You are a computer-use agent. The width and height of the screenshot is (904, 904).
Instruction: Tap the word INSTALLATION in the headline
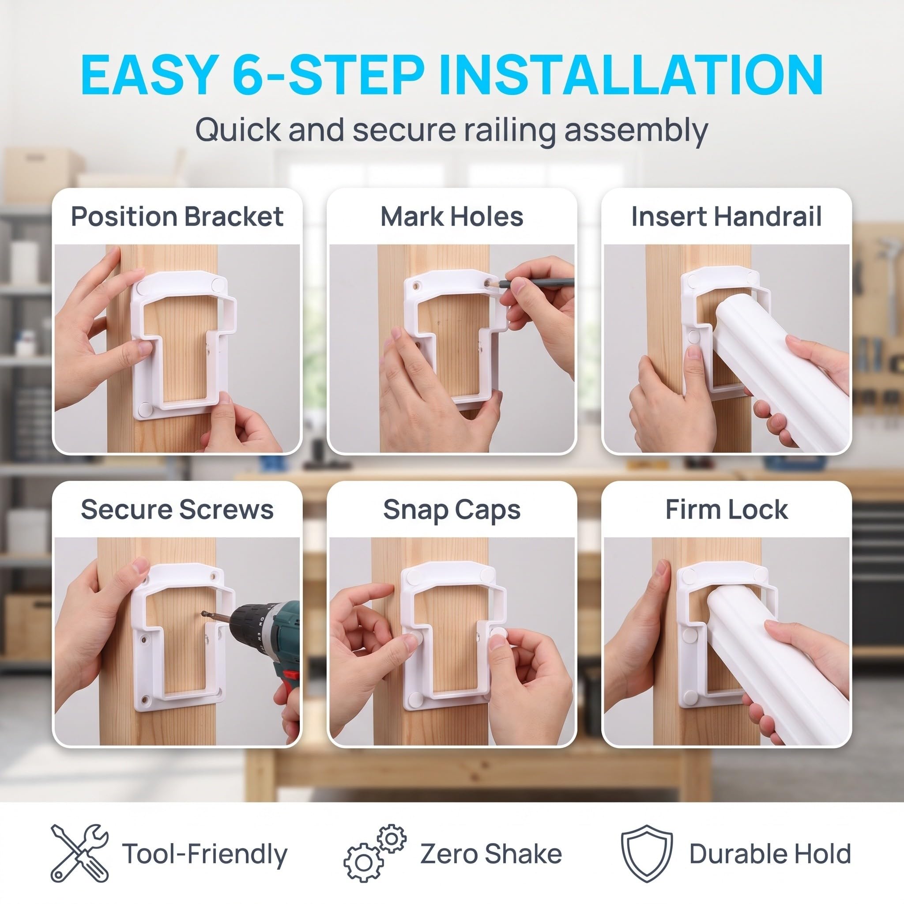(631, 75)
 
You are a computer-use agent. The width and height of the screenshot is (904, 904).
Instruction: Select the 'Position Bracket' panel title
(177, 217)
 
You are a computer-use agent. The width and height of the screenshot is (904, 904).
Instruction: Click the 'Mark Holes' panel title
(452, 217)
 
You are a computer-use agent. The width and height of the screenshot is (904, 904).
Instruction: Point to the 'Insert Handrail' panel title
(726, 217)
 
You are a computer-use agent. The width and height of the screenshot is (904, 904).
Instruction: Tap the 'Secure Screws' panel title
(177, 509)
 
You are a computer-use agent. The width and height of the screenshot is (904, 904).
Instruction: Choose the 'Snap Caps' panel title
(452, 510)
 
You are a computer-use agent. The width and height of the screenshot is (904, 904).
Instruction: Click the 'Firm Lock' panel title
(726, 509)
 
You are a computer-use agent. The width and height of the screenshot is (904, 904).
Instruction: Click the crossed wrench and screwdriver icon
(79, 854)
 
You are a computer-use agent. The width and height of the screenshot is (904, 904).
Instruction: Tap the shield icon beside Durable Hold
(647, 854)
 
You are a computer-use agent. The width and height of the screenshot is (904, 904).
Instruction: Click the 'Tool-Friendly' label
(204, 855)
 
